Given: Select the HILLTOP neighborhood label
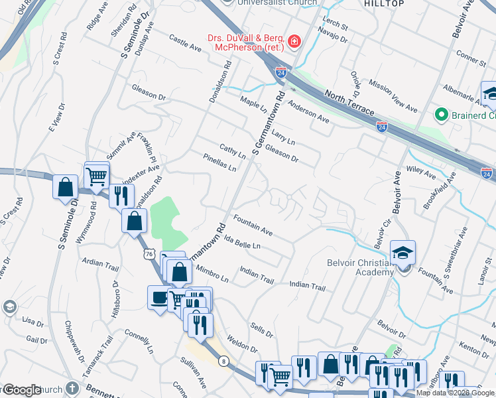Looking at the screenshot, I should pos(384,4).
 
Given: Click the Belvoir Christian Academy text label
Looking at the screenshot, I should pos(360,267).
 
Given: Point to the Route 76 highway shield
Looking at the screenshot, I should pos(147,254).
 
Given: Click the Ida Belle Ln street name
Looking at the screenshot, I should pos(242,242).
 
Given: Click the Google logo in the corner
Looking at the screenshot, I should pos(22,390).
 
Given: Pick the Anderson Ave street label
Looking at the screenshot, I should pos(308,111).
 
